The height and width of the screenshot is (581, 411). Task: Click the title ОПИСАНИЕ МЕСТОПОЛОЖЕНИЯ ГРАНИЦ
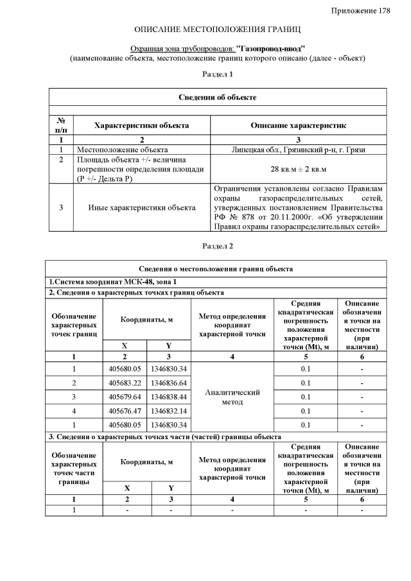(218, 30)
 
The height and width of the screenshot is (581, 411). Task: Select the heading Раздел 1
(218, 74)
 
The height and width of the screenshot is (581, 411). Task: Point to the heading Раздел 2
(218, 246)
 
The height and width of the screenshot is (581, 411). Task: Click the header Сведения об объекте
(218, 97)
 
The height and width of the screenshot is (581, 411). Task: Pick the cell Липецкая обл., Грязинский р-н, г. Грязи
(299, 149)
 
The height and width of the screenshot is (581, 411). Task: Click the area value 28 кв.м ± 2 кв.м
(299, 169)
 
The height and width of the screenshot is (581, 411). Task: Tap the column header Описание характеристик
(299, 126)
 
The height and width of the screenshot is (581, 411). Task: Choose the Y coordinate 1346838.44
(169, 397)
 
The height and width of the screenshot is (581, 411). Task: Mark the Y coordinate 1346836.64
(169, 383)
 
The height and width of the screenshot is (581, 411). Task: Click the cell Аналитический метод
(232, 397)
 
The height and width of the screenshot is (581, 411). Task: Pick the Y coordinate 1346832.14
(169, 411)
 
